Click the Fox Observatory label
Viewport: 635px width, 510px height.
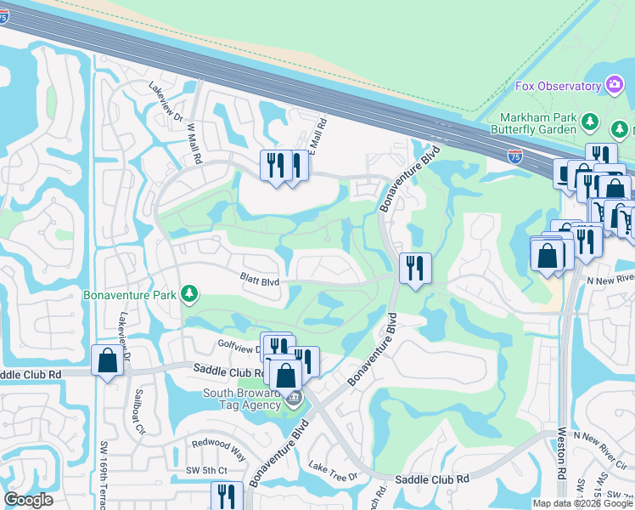[558, 86]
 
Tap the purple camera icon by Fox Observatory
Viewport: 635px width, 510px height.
[614, 85]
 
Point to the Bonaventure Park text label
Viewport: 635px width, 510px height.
[130, 296]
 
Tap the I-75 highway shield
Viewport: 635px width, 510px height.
[514, 156]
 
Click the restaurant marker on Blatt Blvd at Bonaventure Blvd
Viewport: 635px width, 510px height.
[415, 269]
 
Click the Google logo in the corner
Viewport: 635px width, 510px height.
[28, 500]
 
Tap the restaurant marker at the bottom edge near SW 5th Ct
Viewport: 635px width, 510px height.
[226, 496]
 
